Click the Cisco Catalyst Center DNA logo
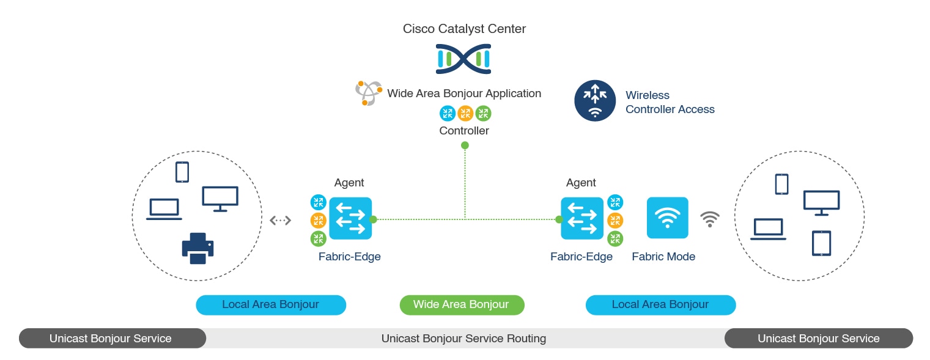click(463, 59)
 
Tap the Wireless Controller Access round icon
click(594, 101)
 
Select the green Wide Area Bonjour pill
click(462, 305)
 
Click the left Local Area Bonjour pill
click(271, 305)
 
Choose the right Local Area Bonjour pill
click(660, 305)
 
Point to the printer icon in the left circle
click(197, 248)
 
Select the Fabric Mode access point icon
click(667, 218)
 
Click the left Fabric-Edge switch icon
click(350, 218)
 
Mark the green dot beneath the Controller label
click(465, 145)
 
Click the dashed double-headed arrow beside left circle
click(281, 220)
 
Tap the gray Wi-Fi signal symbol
click(710, 219)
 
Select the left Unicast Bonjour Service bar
click(112, 338)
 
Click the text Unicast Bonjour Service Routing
click(463, 338)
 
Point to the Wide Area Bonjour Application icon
click(369, 94)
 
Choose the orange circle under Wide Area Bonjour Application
click(465, 113)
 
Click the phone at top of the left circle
click(182, 172)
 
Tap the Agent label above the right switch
click(581, 183)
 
